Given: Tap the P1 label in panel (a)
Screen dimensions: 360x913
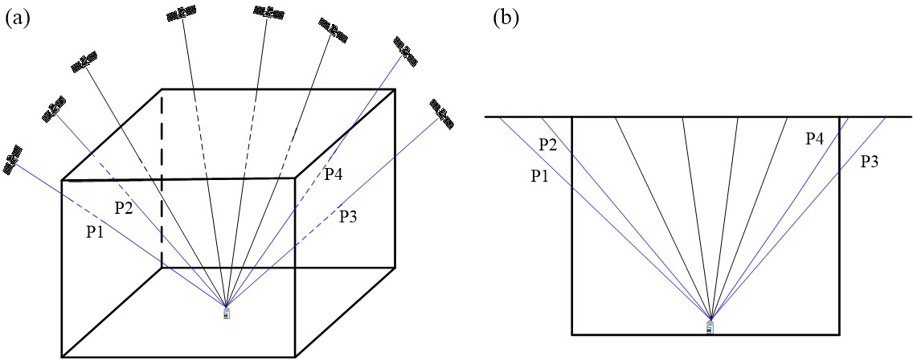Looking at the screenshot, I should pos(96,231).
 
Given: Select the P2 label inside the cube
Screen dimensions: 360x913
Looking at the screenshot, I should pos(124,208).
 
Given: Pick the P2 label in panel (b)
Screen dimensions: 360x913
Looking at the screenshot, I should pos(548,145).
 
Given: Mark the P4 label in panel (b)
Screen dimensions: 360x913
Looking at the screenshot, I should pos(815,139).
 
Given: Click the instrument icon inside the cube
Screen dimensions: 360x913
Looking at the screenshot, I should pos(227,313).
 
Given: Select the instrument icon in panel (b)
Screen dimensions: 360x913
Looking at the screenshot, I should pos(710,326).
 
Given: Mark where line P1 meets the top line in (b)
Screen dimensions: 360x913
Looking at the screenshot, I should pos(499,117).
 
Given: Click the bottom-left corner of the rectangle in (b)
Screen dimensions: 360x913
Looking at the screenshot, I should pos(572,333).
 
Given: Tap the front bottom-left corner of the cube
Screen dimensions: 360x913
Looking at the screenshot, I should pos(62,357).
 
